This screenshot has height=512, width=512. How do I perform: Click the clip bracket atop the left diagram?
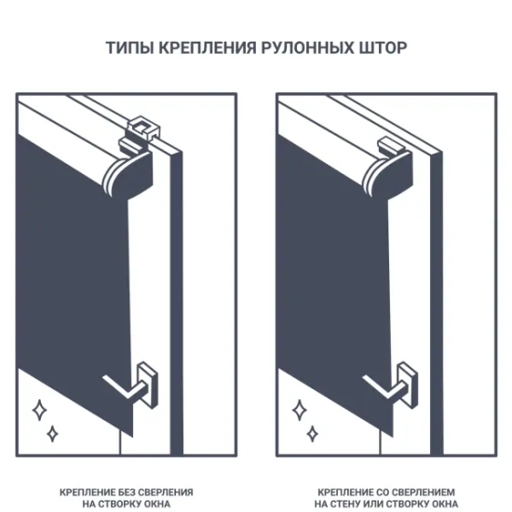point(141,128)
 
